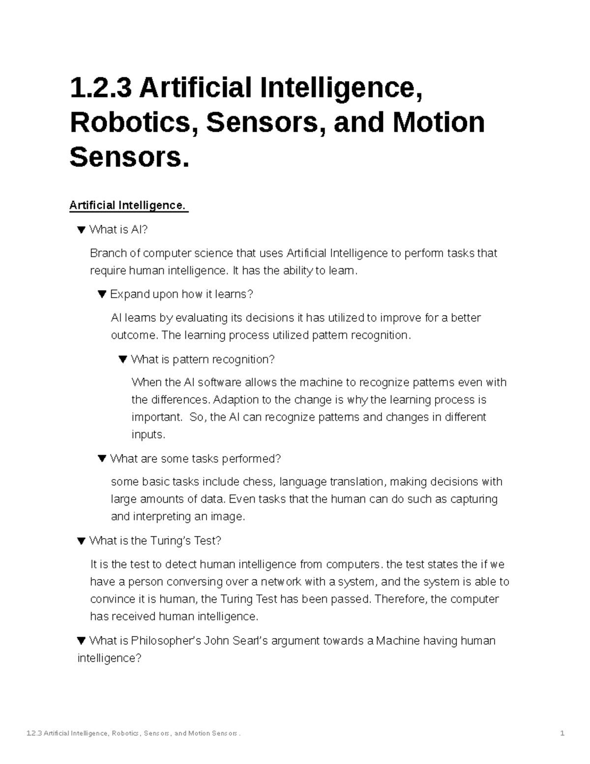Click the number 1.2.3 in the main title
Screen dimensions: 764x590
[100, 88]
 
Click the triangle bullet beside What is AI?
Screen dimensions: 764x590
[82, 229]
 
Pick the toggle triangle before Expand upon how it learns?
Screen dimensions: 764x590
[102, 294]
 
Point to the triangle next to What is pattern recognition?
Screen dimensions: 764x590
[123, 359]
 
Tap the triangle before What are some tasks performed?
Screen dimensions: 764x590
[102, 458]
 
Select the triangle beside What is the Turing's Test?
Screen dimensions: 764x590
[82, 541]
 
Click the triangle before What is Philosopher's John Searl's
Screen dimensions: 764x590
[82, 641]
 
